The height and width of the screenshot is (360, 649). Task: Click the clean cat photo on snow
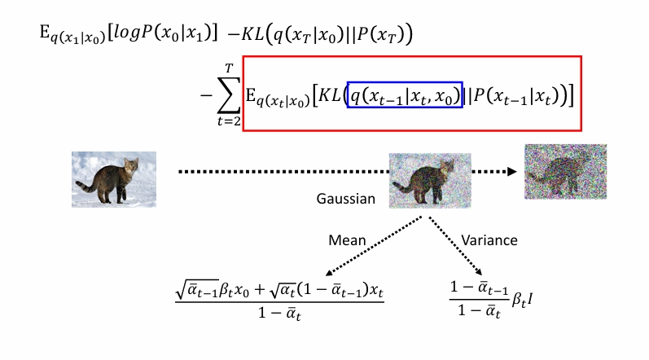point(113,178)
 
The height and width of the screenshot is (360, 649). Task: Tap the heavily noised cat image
point(566,172)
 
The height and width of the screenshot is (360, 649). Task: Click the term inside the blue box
point(405,96)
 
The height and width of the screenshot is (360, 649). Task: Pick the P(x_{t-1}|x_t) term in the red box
point(518,97)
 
